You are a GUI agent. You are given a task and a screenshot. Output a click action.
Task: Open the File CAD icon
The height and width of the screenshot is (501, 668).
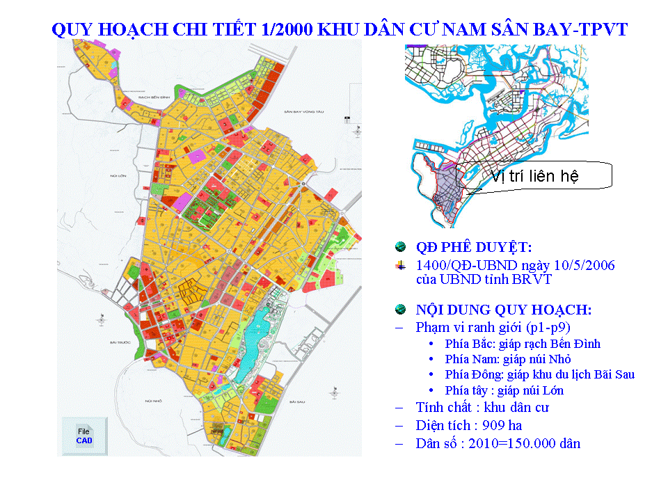[84, 436]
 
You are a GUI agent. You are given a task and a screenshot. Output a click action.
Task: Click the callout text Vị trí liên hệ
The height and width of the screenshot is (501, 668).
[534, 176]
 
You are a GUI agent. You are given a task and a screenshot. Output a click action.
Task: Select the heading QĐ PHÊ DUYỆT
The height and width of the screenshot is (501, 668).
[473, 247]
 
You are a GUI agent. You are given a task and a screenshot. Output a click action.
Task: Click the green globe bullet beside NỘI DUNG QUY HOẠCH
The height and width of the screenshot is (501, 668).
[400, 310]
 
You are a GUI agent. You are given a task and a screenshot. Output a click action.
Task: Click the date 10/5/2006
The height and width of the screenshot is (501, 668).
[588, 266]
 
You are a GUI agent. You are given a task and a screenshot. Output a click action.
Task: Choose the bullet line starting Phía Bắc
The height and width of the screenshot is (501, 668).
[523, 344]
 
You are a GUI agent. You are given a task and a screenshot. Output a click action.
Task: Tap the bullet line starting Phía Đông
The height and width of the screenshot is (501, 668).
[539, 374]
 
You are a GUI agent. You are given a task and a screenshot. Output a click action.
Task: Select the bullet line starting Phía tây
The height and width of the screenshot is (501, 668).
[504, 390]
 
